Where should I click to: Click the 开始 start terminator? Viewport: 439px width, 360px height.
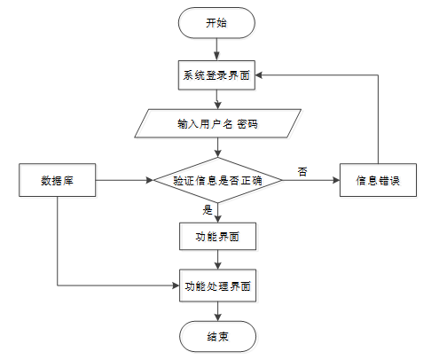[216, 23]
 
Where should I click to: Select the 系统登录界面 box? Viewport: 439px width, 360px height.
[216, 75]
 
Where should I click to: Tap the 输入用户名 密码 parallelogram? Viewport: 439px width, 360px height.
[218, 123]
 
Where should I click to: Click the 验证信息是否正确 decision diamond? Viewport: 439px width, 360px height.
[218, 180]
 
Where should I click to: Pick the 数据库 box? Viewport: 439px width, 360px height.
[58, 180]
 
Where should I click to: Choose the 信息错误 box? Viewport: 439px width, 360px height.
[378, 180]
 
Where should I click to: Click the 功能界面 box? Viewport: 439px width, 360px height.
[217, 237]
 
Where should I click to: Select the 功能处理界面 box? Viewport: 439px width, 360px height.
[217, 286]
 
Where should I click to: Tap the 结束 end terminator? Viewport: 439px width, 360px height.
[217, 336]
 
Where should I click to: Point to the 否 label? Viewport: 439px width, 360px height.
[302, 172]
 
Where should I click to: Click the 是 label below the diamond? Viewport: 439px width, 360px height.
[208, 210]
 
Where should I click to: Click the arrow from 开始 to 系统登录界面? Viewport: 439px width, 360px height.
[216, 50]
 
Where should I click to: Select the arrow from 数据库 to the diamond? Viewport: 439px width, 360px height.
[124, 180]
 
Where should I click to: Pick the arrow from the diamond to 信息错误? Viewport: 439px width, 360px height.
[311, 180]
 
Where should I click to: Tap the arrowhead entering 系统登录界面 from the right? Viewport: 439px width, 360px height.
[259, 75]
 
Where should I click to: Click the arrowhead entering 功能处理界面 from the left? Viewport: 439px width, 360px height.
[176, 286]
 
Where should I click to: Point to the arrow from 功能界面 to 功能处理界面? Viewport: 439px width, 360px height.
[218, 260]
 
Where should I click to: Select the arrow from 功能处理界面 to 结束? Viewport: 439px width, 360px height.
[218, 311]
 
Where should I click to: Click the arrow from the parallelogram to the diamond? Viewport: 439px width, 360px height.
[218, 147]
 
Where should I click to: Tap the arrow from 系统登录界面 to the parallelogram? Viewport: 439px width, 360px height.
[217, 99]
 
